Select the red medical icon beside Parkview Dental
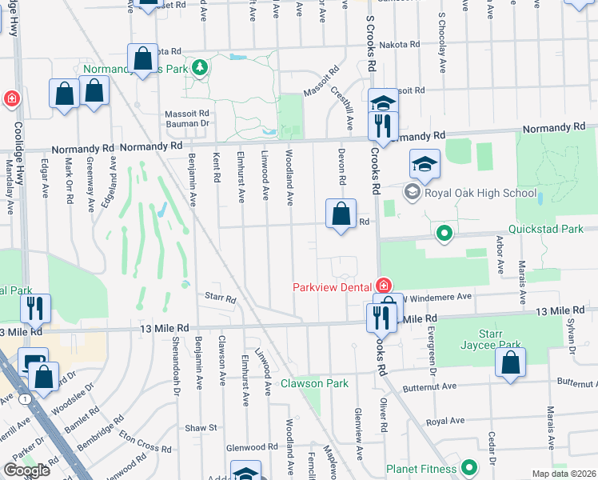(x=384, y=286)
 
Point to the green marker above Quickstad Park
(x=445, y=234)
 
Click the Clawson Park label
(x=314, y=383)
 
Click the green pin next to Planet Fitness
(x=468, y=467)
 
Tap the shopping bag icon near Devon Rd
(x=341, y=214)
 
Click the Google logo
(x=26, y=470)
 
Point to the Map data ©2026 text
(x=564, y=474)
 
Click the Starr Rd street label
(x=220, y=299)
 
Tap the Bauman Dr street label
(x=187, y=123)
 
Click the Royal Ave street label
(x=445, y=421)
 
